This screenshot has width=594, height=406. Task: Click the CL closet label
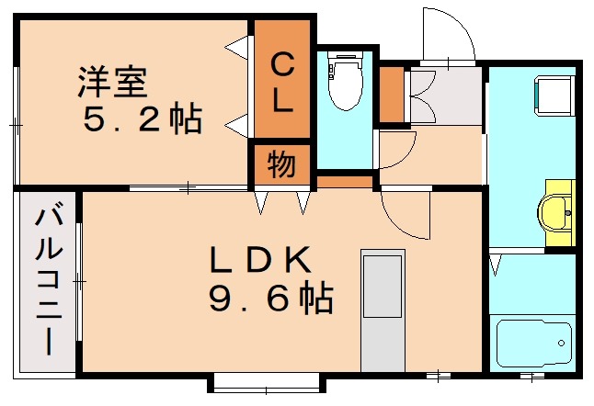pos(282,82)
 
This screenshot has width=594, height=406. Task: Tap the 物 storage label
pos(281,165)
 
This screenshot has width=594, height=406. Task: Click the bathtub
pos(533,343)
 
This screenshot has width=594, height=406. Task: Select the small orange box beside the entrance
pos(392,95)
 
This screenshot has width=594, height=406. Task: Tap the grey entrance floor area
pos(446,97)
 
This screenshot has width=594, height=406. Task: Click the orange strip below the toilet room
pos(345,181)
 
